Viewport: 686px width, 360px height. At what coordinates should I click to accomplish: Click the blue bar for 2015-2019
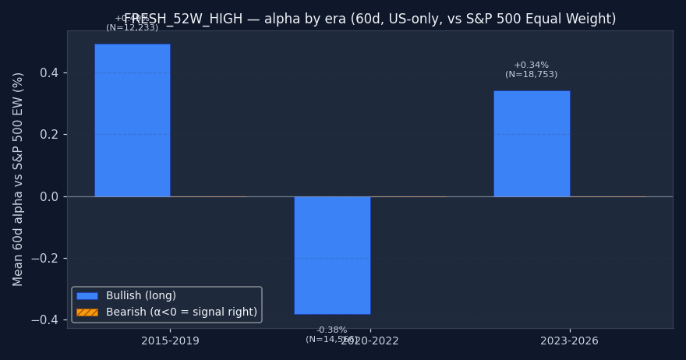point(133,120)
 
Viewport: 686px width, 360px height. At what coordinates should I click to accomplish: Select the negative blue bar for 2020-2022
point(332,255)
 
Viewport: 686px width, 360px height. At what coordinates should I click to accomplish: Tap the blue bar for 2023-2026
point(532,143)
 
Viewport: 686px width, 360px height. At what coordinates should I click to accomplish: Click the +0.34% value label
point(531,65)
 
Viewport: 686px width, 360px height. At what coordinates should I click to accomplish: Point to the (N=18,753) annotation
point(531,75)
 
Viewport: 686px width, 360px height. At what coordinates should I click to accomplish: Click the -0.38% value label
point(331,330)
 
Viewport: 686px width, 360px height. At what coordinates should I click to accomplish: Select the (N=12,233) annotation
point(132,28)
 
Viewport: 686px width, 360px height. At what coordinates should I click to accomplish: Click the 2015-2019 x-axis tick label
point(170,341)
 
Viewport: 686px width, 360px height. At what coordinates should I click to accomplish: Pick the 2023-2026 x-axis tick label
point(569,341)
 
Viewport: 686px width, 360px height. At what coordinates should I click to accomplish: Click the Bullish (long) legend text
point(141,296)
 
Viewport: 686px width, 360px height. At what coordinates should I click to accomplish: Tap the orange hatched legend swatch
point(87,312)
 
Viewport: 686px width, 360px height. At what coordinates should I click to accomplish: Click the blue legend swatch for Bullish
point(87,296)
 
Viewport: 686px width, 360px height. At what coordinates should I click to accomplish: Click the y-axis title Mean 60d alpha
point(19,178)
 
